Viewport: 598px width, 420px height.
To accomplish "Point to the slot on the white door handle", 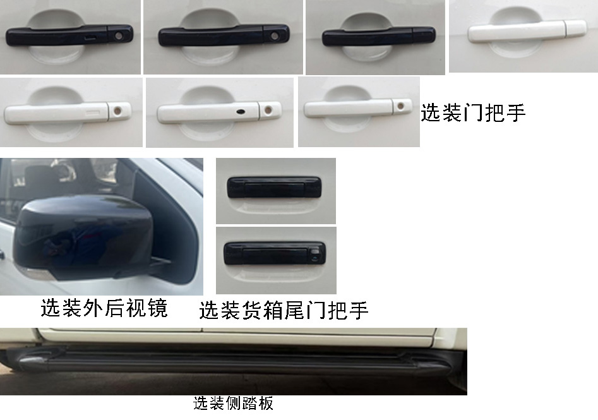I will [93, 112].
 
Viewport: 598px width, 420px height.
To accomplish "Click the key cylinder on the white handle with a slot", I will [117, 112].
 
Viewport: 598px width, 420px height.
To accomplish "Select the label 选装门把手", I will [473, 112].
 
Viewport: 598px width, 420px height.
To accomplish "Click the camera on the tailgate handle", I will [313, 256].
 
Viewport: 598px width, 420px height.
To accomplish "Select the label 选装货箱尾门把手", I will [284, 310].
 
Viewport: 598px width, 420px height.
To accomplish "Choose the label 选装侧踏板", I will [233, 403].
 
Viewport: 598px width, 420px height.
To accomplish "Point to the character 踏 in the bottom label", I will [249, 403].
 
